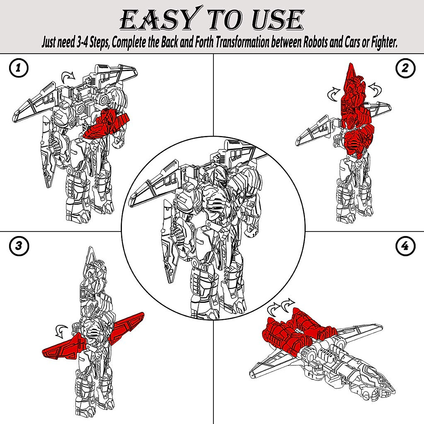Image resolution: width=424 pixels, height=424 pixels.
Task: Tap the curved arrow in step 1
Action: pos(68,75)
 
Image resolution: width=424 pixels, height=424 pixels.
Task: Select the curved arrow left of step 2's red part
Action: pos(334,94)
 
